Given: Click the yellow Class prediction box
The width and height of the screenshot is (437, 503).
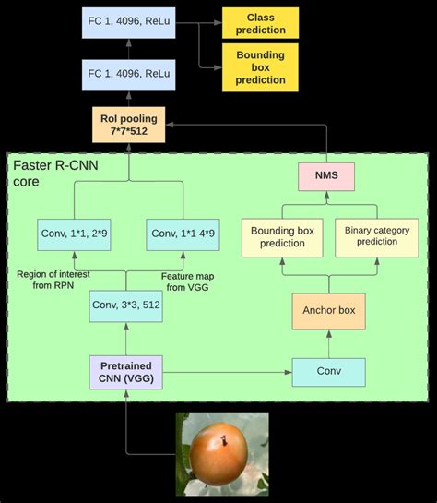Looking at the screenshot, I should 260,23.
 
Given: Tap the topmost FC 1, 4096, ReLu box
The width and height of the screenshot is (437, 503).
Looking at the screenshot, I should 128,23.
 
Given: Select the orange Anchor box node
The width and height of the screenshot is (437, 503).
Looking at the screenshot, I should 327,310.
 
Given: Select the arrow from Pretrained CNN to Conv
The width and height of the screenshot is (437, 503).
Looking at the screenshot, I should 230,373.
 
